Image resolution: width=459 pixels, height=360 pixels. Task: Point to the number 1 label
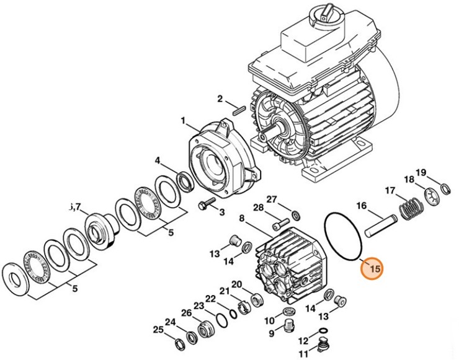click(184, 119)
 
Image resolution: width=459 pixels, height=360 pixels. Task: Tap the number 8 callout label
click(243, 218)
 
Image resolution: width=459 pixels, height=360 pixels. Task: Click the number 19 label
click(421, 172)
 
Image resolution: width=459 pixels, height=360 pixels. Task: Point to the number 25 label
click(159, 330)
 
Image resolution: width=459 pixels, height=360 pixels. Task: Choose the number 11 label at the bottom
click(303, 354)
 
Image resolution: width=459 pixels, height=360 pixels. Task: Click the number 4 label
click(159, 160)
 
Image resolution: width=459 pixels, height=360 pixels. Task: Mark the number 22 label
click(211, 299)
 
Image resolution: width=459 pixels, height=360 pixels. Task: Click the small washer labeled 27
click(296, 216)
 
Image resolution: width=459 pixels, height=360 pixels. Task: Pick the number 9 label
click(271, 333)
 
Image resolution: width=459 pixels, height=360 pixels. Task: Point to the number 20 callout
click(236, 284)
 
